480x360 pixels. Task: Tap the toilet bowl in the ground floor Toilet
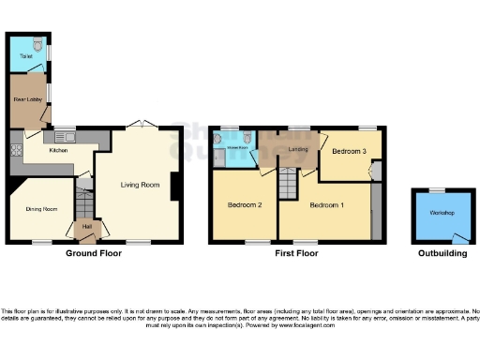click(37, 44)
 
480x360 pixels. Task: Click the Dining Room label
click(41, 209)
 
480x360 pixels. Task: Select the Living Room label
click(137, 184)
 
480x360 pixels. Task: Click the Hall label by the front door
click(86, 225)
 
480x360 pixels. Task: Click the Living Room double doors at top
click(138, 126)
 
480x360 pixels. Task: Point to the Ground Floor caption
click(94, 253)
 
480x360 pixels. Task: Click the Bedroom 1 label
click(327, 204)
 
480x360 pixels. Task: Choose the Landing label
click(299, 149)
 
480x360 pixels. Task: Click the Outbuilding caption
click(442, 253)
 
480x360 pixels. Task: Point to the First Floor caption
click(292, 253)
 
